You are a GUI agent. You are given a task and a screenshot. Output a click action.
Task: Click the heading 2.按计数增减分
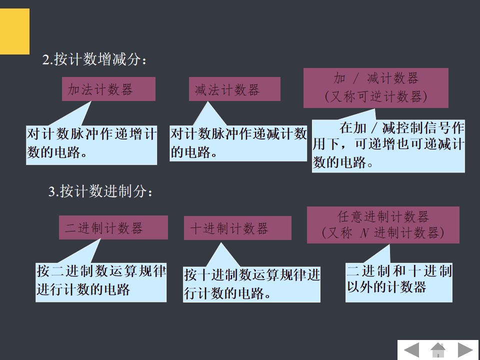(x=94, y=60)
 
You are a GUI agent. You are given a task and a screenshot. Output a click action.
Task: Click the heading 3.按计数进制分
(x=100, y=191)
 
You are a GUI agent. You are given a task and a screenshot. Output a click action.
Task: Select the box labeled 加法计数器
(x=108, y=89)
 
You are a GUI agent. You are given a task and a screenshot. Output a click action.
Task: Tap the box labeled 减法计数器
(x=234, y=89)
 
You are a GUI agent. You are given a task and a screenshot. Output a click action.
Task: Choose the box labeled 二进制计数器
(x=113, y=228)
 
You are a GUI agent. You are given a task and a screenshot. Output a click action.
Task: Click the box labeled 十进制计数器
(x=237, y=228)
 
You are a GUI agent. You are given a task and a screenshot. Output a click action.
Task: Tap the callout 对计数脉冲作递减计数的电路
(x=238, y=143)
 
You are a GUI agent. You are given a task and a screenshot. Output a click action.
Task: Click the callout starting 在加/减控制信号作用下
(x=388, y=145)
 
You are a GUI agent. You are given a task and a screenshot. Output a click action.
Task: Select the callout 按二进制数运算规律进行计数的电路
(x=101, y=281)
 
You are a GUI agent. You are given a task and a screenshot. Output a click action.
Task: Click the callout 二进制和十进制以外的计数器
(x=399, y=280)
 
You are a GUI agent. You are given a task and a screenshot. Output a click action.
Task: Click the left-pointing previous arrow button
(x=411, y=350)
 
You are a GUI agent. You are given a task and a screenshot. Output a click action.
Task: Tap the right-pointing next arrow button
(x=465, y=350)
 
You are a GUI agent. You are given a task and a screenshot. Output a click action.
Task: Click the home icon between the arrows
(x=438, y=349)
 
